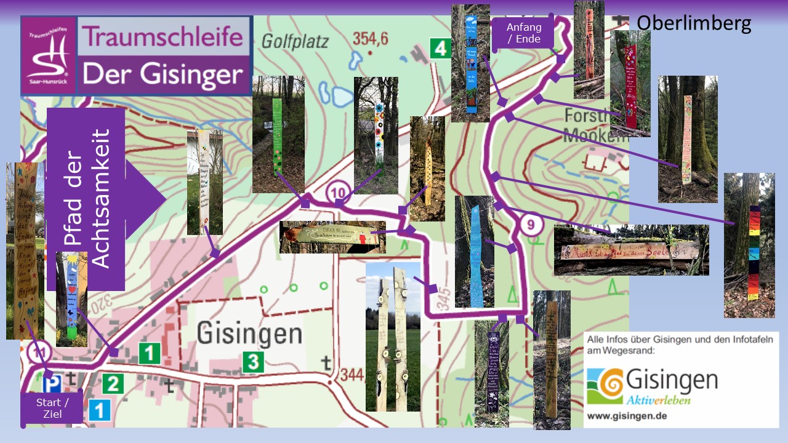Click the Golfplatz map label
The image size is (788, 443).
[x=295, y=42]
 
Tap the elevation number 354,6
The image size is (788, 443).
[x=370, y=39]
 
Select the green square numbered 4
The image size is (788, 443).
[x=440, y=48]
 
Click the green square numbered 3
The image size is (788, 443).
[x=252, y=362]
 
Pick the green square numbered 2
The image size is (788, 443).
[x=112, y=384]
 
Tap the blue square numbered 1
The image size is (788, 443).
[x=99, y=410]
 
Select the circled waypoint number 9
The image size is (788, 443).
[x=530, y=225]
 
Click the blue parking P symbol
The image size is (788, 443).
[x=54, y=385]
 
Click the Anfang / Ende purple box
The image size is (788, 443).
[x=524, y=33]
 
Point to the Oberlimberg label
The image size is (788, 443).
[x=693, y=23]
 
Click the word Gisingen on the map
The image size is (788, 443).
[x=249, y=334]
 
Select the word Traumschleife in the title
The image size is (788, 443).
[x=163, y=37]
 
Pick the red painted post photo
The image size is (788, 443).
[x=630, y=86]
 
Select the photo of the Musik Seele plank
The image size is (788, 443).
[x=631, y=250]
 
